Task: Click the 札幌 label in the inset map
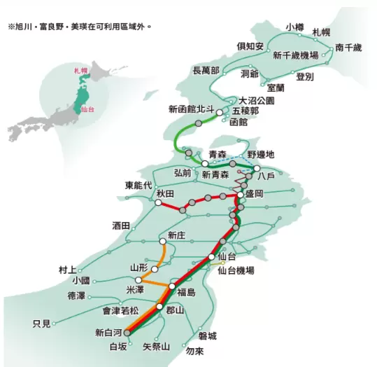(82, 71)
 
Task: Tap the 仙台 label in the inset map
(88, 110)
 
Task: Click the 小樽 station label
(294, 27)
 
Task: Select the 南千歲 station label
(348, 48)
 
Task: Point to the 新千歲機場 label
(296, 55)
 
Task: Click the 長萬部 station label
(206, 70)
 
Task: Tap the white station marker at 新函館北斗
(219, 111)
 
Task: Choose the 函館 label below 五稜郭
(239, 122)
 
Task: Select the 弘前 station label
(182, 172)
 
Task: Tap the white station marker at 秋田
(159, 202)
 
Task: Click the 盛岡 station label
(253, 194)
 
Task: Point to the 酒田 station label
(120, 226)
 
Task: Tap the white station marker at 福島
(171, 286)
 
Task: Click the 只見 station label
(42, 324)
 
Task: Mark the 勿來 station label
(195, 351)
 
